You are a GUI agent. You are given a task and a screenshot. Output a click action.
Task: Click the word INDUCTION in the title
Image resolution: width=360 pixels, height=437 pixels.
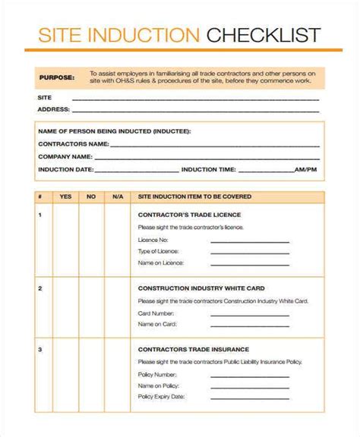[152, 35]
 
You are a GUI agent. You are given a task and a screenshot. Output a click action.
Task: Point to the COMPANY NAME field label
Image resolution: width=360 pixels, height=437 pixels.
[65, 156]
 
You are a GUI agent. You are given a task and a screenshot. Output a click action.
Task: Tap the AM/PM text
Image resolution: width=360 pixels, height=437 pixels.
[306, 168]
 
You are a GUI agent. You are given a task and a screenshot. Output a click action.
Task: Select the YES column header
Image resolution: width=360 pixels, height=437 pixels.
[65, 196]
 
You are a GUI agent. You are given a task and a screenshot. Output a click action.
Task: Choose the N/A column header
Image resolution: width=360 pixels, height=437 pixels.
[117, 196]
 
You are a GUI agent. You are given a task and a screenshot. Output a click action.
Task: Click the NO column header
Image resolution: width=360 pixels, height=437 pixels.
[91, 196]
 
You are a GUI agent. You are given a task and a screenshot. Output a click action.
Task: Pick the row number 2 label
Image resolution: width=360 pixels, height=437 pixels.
[39, 288]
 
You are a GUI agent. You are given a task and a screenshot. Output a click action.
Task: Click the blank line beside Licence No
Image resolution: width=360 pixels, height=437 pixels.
[249, 242]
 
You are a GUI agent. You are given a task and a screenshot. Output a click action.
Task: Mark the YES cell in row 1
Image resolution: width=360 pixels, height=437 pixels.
[65, 242]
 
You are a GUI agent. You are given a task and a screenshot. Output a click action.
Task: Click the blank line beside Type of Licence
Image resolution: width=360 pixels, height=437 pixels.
[249, 253]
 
